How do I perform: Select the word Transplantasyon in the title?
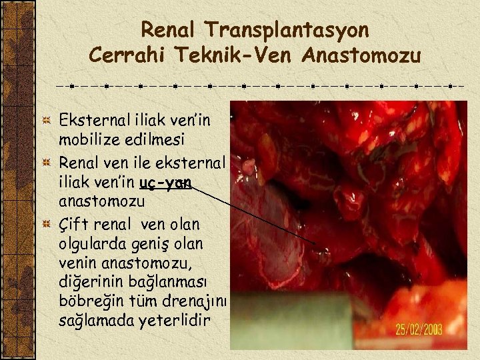(x=287, y=30)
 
